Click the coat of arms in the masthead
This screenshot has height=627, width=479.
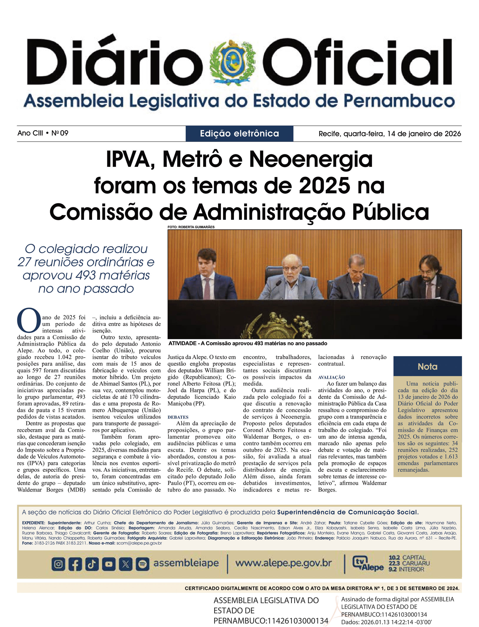point(232,63)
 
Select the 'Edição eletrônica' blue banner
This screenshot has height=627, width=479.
point(239,134)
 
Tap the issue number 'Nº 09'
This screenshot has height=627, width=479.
point(60,133)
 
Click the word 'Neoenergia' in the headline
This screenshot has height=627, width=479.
point(311,159)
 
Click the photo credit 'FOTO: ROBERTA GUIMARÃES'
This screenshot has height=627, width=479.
point(191,227)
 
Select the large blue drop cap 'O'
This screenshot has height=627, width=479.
point(29,320)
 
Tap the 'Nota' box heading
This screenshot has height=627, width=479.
point(427,366)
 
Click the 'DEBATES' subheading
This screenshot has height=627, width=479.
point(178,417)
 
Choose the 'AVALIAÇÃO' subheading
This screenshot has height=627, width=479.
point(331,377)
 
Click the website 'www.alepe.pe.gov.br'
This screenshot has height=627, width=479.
point(283,563)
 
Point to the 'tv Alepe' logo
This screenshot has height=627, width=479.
point(368,564)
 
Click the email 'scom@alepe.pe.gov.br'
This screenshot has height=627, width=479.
point(139,543)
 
